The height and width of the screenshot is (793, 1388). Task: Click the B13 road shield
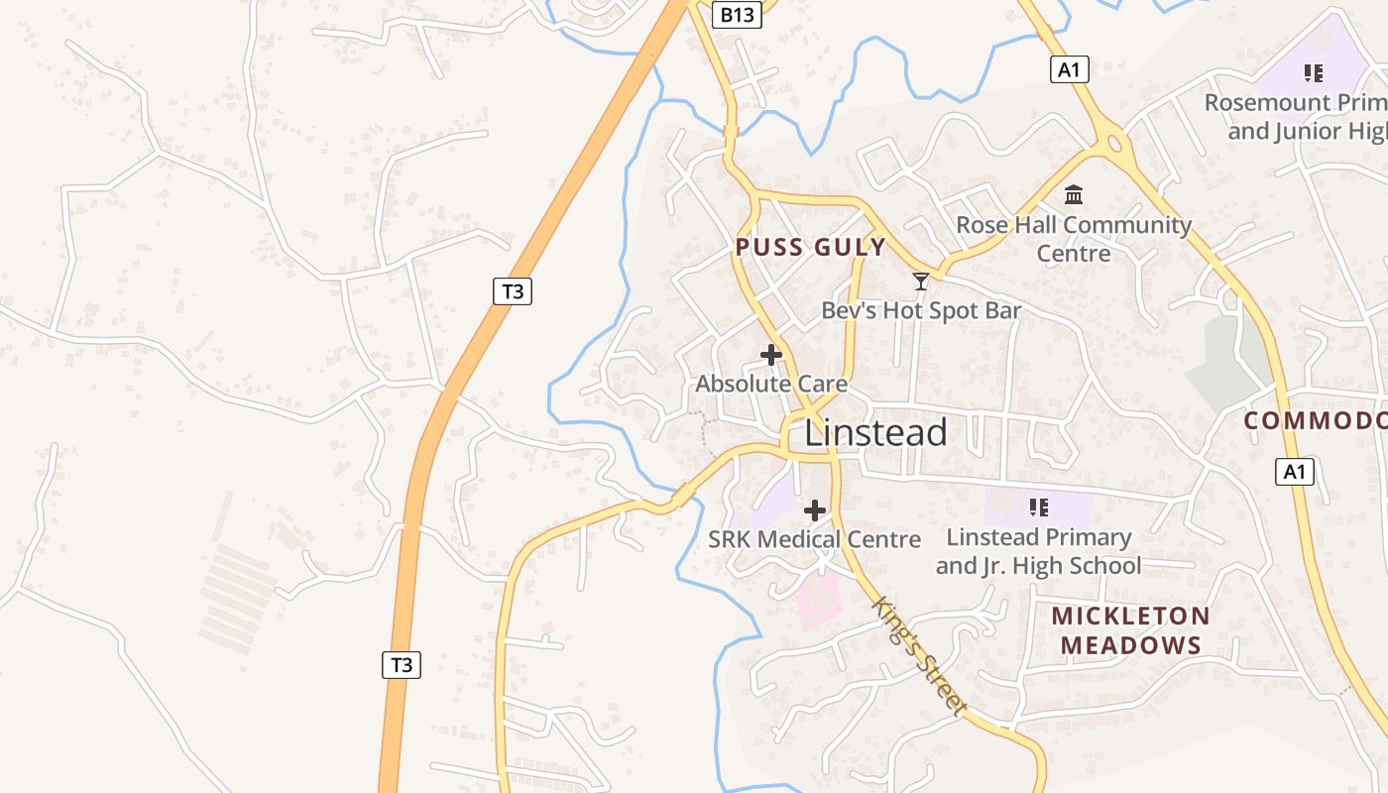(x=737, y=14)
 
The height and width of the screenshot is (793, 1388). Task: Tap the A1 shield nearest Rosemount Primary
(x=1069, y=69)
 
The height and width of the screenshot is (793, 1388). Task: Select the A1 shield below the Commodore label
(x=1295, y=472)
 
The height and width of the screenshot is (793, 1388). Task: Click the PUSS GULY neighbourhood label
(x=810, y=248)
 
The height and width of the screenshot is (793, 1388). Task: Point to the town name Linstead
(x=875, y=433)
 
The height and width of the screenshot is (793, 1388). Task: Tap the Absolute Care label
(x=771, y=384)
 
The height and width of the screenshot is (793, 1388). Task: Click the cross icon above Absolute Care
(x=771, y=355)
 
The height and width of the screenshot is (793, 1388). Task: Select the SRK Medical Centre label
(x=814, y=539)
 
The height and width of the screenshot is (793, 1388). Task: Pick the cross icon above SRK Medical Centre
(x=815, y=510)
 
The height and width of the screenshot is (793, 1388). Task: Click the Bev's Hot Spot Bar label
(x=921, y=310)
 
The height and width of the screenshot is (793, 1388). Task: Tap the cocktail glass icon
(x=921, y=282)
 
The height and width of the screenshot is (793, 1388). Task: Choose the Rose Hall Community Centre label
(x=1074, y=239)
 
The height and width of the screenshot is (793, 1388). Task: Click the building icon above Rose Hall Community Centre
(x=1074, y=194)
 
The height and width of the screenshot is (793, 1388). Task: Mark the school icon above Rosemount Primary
(x=1314, y=72)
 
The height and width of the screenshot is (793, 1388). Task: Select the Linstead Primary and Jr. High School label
(x=1038, y=551)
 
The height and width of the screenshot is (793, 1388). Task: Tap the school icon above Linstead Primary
(x=1039, y=508)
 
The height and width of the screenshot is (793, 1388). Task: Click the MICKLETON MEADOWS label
(x=1130, y=630)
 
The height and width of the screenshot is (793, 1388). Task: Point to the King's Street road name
(x=918, y=655)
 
